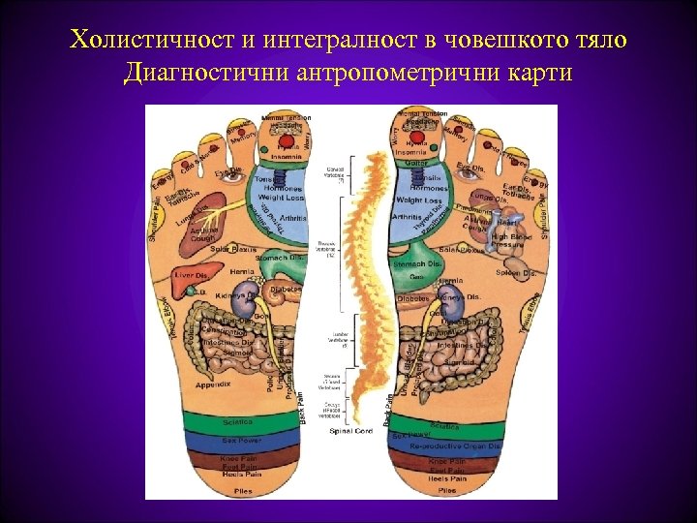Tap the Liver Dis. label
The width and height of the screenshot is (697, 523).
pos(191,276)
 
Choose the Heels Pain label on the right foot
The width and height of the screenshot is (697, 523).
pos(447,474)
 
